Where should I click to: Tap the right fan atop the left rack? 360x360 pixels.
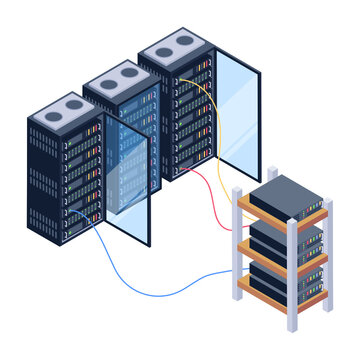coord(72,101)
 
